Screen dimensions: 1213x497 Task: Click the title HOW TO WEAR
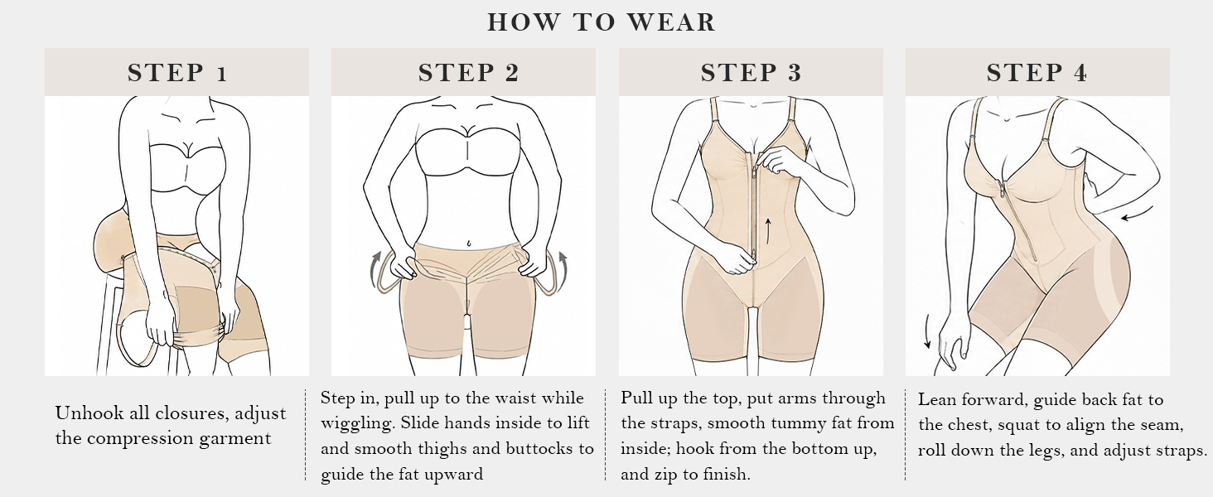point(602,22)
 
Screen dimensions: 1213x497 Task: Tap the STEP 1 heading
point(177,73)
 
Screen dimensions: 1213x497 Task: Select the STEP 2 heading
point(468,73)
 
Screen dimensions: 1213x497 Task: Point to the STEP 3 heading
point(751,73)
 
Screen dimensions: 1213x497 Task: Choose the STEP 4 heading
point(1037,73)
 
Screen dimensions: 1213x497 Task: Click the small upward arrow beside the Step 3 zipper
point(767,229)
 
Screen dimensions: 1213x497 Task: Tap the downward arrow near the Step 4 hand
point(926,331)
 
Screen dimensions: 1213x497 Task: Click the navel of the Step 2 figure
point(468,244)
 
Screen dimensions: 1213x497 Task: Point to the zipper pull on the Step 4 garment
point(1003,191)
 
